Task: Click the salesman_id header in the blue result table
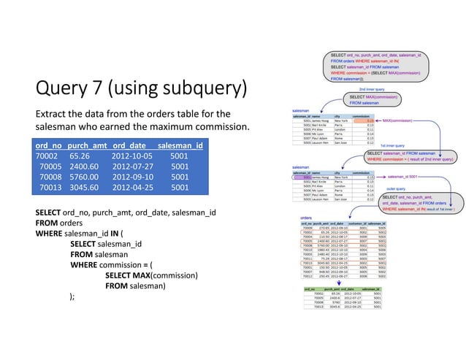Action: [180, 145]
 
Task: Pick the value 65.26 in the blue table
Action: [80, 156]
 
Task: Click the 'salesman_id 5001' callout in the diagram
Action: [402, 177]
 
